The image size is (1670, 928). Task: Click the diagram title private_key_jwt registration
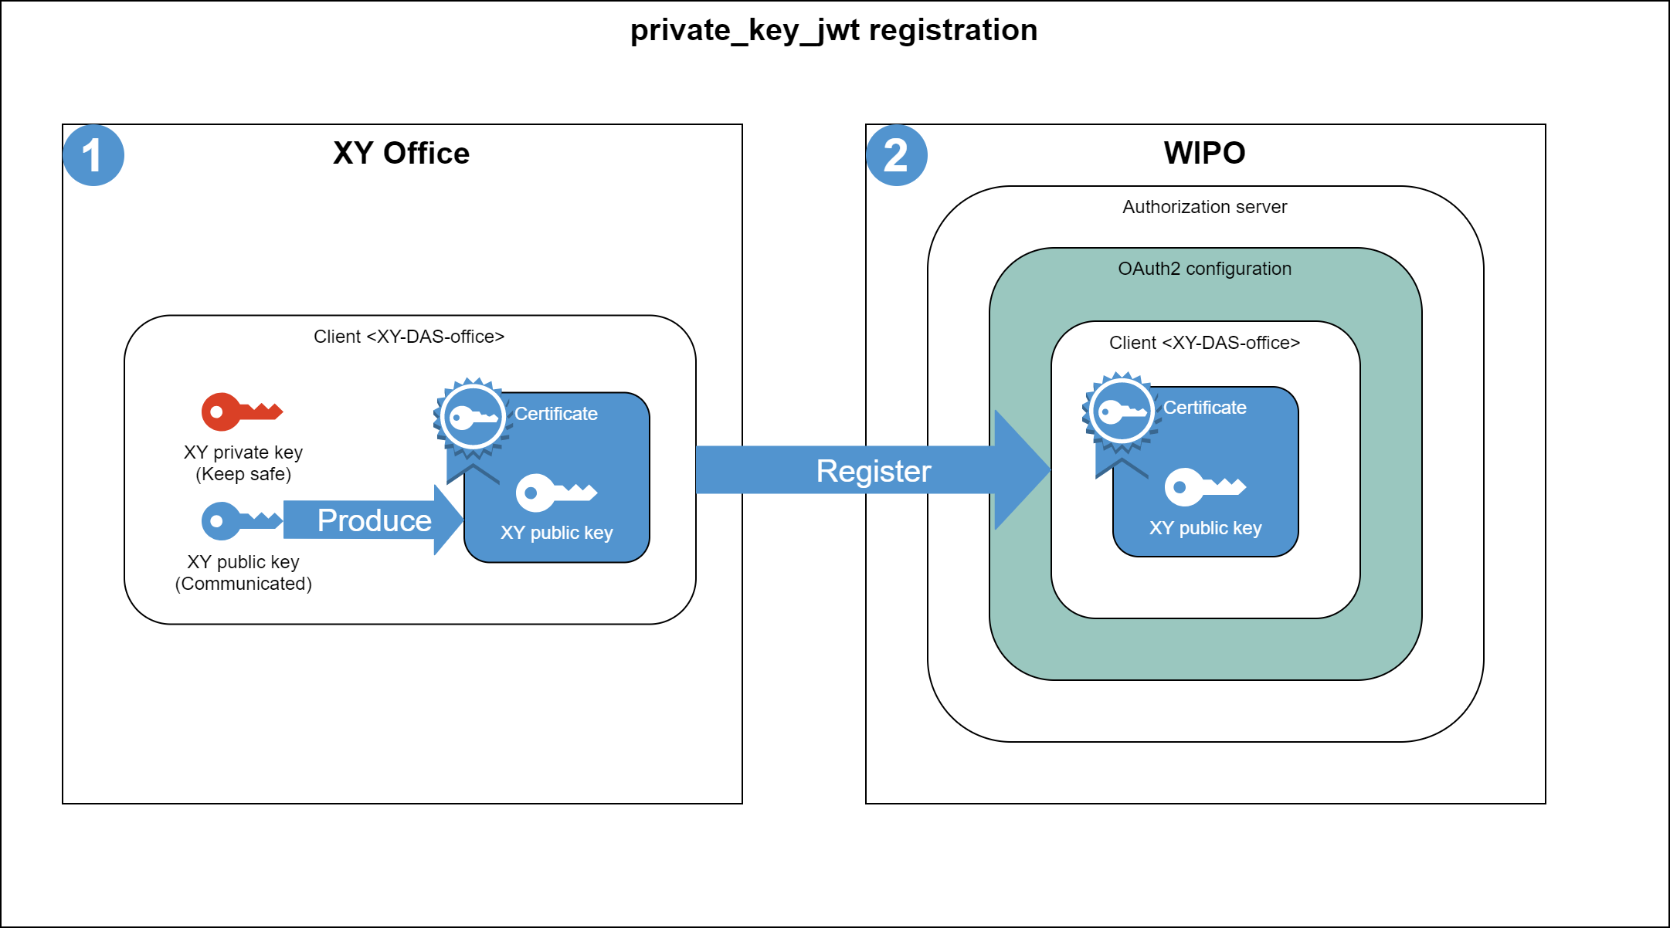[833, 30]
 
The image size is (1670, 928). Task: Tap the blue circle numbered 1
[93, 155]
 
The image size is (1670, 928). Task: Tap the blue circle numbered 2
[896, 155]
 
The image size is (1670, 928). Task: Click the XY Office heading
[401, 153]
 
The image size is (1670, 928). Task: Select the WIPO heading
[1204, 153]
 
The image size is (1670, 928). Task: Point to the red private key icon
[240, 412]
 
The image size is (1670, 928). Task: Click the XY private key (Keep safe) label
[243, 463]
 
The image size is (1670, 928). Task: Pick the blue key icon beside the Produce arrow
[240, 521]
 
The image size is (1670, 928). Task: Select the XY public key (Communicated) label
[243, 573]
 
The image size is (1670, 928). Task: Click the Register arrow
[873, 470]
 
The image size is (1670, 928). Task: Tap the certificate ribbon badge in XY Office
[472, 421]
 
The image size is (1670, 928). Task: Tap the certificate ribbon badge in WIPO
[1121, 415]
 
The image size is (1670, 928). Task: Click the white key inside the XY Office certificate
[555, 493]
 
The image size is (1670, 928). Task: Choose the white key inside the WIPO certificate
[1204, 487]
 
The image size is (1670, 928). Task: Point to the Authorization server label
[1204, 207]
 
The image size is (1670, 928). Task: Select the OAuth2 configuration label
[1204, 269]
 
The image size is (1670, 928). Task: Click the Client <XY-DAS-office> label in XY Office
[409, 337]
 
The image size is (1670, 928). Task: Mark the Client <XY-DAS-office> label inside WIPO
[1204, 343]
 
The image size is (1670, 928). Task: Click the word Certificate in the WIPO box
[1204, 408]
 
